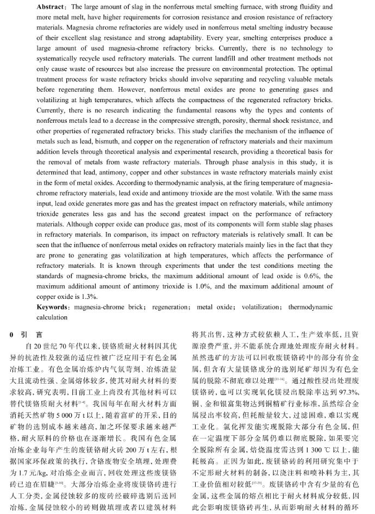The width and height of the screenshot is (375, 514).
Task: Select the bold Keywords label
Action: click(x=52, y=306)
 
